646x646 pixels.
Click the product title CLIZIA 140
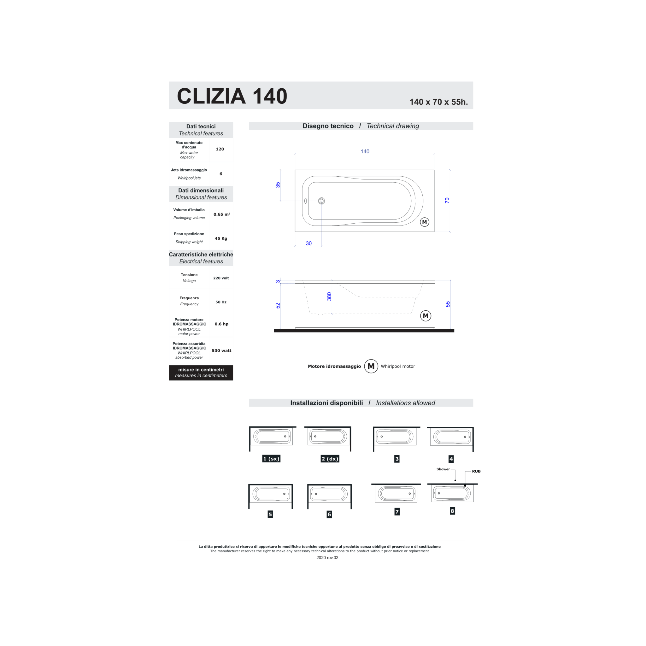point(232,96)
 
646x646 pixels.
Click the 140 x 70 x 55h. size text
point(438,102)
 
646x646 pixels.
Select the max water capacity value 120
point(220,149)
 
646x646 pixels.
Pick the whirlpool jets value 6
point(221,174)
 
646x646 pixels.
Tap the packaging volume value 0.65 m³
point(222,214)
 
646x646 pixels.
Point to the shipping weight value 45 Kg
point(221,238)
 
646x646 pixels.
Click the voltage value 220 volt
point(221,278)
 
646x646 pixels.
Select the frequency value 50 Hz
point(221,302)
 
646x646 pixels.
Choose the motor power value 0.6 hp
point(221,324)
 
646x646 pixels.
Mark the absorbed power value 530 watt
point(221,350)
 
